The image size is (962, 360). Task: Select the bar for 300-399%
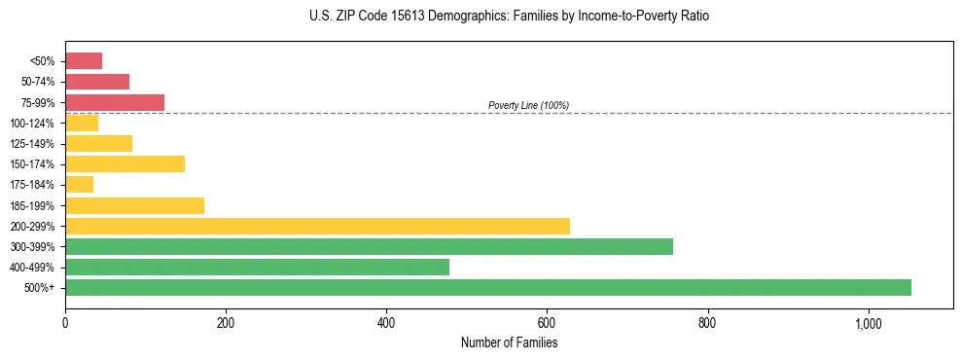(x=369, y=246)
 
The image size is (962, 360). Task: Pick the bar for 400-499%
(x=257, y=267)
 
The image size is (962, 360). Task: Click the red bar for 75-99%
(x=115, y=102)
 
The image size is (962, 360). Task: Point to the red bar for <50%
(x=84, y=61)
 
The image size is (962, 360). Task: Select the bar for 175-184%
(x=79, y=184)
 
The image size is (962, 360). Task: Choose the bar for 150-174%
(x=125, y=163)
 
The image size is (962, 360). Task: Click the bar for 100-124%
(x=82, y=123)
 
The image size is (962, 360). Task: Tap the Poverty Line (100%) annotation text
(x=528, y=105)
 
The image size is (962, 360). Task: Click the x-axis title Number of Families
(x=509, y=342)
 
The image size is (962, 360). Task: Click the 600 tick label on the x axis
(x=547, y=323)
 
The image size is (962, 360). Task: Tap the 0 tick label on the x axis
(x=65, y=323)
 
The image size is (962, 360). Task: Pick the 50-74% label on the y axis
(x=39, y=82)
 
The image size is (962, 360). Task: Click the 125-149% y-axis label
(x=35, y=143)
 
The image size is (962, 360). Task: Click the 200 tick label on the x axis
(x=226, y=323)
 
